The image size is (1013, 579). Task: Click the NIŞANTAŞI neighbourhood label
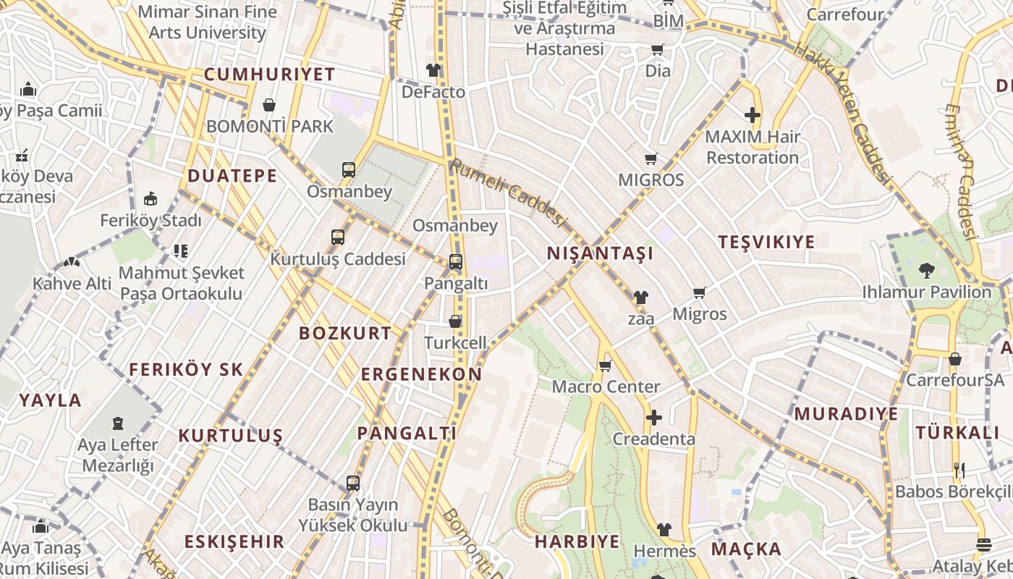(600, 253)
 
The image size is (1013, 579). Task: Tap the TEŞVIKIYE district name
(766, 242)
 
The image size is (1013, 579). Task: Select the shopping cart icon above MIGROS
(650, 159)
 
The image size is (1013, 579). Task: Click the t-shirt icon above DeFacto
(433, 70)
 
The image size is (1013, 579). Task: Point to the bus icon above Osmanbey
(349, 170)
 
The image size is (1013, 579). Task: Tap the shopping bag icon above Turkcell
(455, 321)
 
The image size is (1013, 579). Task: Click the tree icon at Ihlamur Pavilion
(926, 271)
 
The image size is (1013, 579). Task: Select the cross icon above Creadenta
(653, 418)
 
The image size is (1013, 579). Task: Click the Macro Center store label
(606, 386)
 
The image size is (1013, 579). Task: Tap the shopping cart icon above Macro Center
(606, 365)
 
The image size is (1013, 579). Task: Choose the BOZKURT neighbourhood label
(345, 334)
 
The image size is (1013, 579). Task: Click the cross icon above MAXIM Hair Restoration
(753, 115)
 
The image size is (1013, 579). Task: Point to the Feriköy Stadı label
(151, 220)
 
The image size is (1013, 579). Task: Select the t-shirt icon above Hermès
(664, 530)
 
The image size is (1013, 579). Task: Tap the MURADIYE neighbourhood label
(846, 414)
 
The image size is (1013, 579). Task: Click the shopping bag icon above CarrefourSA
(955, 359)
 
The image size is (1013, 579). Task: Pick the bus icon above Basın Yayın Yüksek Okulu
(353, 483)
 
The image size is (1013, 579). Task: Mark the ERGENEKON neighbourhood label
(421, 374)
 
